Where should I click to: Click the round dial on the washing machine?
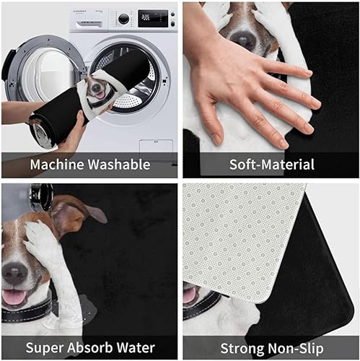click(x=123, y=19)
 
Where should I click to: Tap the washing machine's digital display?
click(x=153, y=18)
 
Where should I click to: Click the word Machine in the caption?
click(x=58, y=165)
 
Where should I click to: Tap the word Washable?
click(x=119, y=165)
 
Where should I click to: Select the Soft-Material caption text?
click(x=272, y=165)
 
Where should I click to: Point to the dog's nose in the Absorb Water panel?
click(x=14, y=273)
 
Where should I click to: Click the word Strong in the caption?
click(x=242, y=349)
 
